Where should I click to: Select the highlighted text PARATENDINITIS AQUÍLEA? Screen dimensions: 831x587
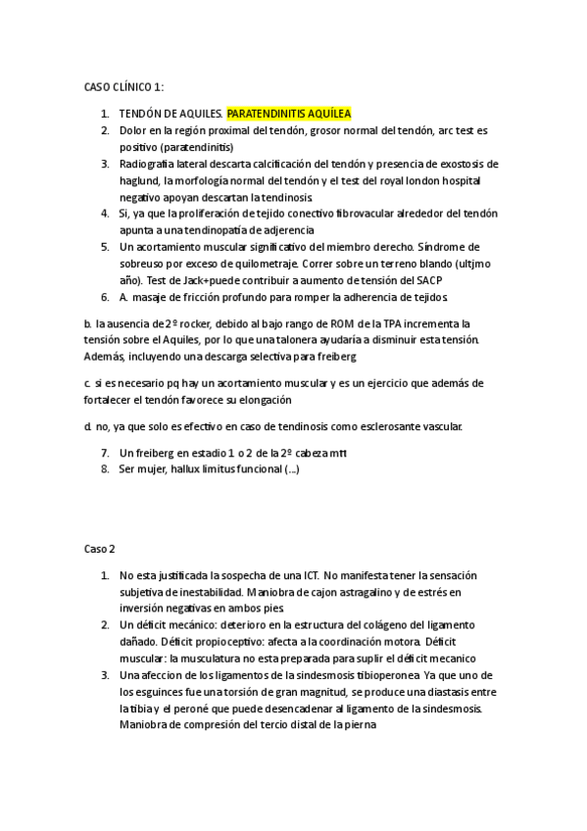[288, 113]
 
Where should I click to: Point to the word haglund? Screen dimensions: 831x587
[140, 180]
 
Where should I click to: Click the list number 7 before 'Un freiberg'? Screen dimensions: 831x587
[105, 453]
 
